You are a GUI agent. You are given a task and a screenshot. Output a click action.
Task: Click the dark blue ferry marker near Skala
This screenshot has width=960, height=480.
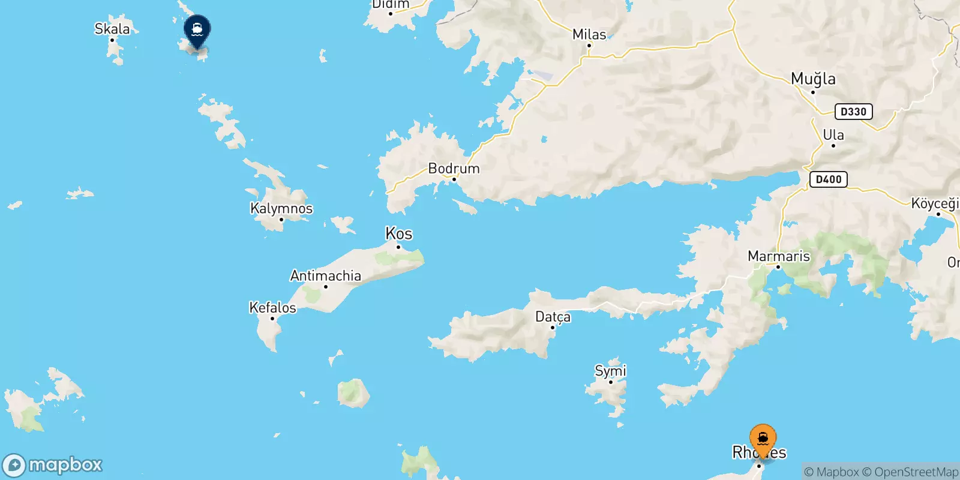(x=197, y=29)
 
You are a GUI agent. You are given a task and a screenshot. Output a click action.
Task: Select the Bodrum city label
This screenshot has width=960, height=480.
(x=454, y=169)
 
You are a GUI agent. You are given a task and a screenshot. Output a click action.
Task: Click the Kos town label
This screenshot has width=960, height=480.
(x=398, y=233)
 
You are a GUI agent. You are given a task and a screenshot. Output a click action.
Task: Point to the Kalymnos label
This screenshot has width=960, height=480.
(x=281, y=209)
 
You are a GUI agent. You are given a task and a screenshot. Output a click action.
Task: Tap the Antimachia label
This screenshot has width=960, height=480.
(x=326, y=276)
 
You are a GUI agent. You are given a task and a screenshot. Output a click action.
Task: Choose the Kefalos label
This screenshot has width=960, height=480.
(x=272, y=308)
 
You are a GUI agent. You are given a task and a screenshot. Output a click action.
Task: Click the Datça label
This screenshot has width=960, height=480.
(x=553, y=317)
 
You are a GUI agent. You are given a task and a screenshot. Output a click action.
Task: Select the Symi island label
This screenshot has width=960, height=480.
(x=610, y=371)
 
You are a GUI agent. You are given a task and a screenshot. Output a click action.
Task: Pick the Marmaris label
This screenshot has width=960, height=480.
(x=778, y=256)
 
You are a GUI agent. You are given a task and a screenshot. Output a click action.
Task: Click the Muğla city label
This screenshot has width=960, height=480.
(x=813, y=79)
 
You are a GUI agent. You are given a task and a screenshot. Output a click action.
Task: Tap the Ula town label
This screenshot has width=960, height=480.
(x=833, y=135)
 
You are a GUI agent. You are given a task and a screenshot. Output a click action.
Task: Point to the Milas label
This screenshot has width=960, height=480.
(x=589, y=34)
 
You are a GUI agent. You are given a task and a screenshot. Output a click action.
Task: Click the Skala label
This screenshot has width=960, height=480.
(x=112, y=29)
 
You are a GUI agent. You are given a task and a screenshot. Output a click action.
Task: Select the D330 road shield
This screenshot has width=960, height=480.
(x=853, y=112)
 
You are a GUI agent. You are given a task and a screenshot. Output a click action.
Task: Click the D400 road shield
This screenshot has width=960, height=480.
(x=828, y=179)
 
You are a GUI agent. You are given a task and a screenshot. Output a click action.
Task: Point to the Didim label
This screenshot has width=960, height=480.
(x=391, y=5)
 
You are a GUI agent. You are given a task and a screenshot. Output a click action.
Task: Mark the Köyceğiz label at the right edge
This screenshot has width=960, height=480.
(x=935, y=203)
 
